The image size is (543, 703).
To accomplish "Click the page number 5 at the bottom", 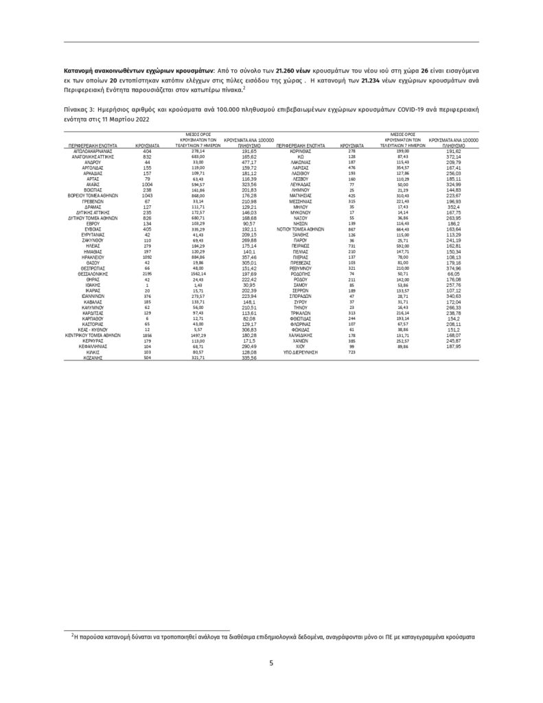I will (272, 663).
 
